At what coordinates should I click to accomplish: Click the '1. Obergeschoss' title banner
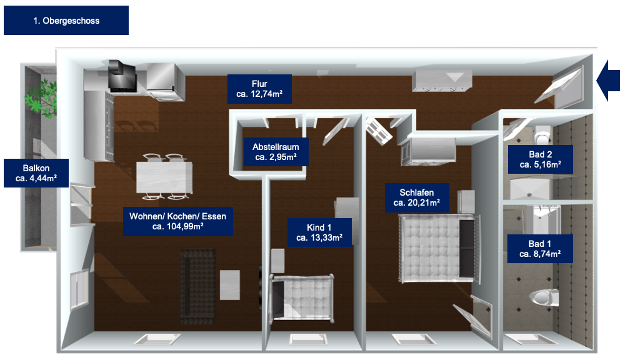coord(66,20)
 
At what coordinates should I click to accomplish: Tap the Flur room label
coord(259,89)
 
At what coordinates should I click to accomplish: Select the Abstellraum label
coord(276,152)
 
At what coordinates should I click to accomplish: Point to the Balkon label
coord(36,173)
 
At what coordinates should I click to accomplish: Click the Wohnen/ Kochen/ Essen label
coord(177,221)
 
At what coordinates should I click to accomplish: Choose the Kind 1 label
coord(319,232)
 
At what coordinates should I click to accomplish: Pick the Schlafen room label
coord(417,197)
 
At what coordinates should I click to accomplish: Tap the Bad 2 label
coord(541,159)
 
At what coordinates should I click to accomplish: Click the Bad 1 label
coord(540,249)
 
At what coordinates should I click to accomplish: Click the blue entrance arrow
coord(608,80)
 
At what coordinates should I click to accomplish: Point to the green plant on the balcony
coord(41,97)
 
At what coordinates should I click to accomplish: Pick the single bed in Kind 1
coord(302,297)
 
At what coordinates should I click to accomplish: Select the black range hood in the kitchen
coord(122,76)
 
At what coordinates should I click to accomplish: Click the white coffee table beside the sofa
coord(230,285)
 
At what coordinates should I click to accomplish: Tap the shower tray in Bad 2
coord(531,188)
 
